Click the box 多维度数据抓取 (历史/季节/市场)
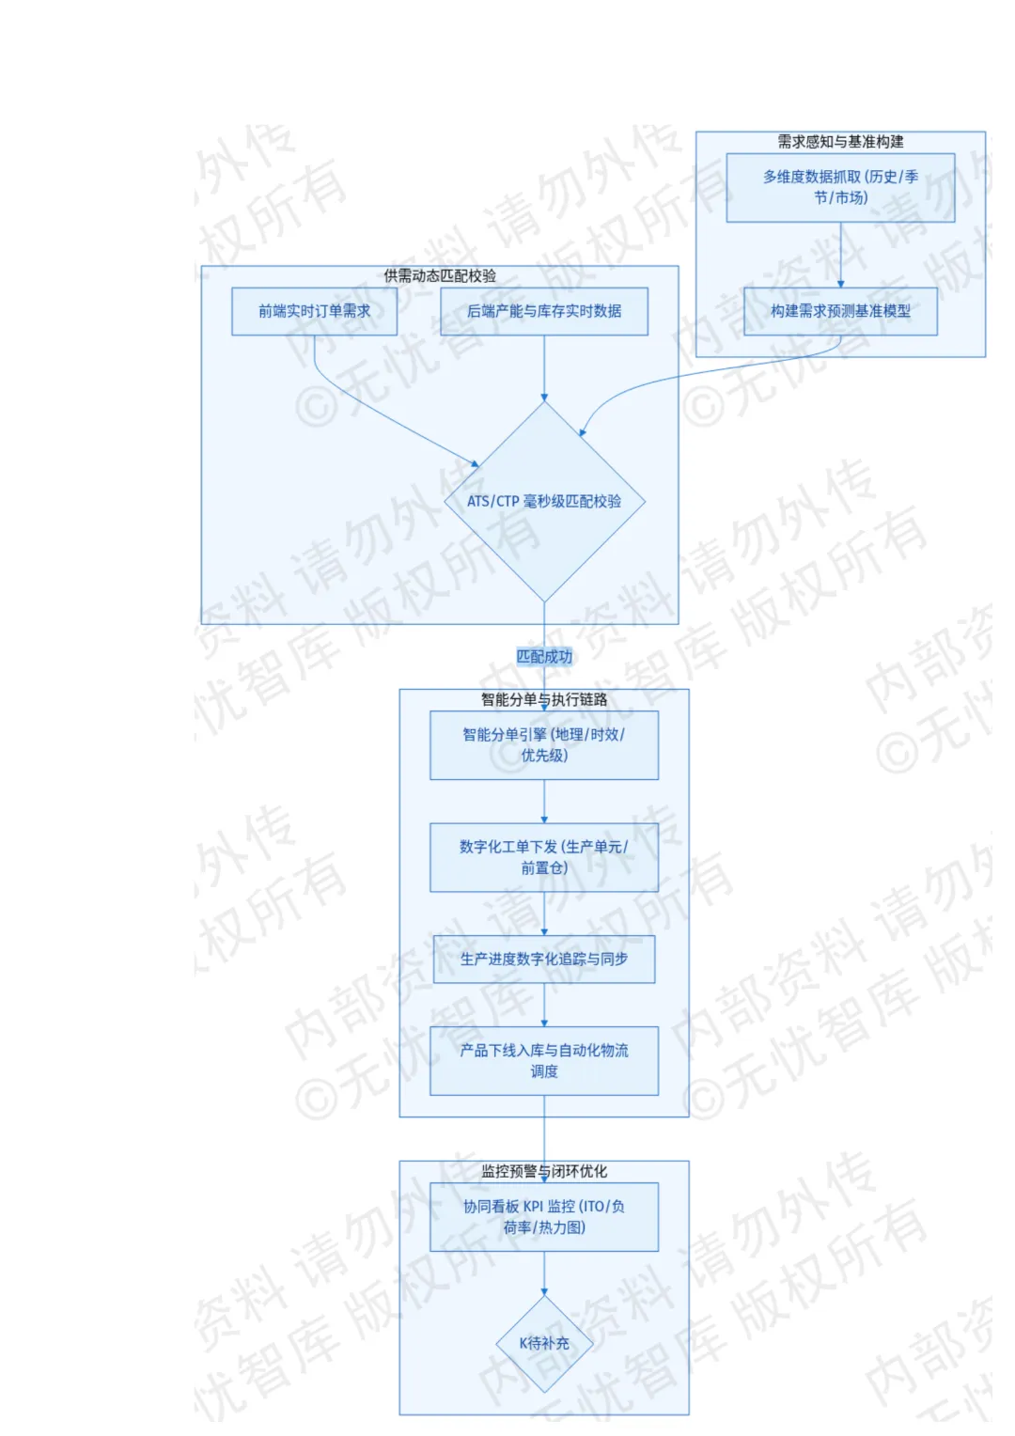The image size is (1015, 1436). coord(840,187)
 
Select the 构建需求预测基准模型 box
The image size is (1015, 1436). coord(840,311)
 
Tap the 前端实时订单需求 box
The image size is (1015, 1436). coord(314,311)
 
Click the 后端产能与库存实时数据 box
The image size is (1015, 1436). coord(544,311)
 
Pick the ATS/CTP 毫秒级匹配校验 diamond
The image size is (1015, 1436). coord(544,501)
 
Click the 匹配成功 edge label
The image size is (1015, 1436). coord(544,657)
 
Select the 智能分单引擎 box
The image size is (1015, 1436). coord(544,745)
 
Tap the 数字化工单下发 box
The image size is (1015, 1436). coord(544,857)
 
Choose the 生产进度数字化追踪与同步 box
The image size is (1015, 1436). coord(544,959)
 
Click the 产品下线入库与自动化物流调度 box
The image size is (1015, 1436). coord(544,1061)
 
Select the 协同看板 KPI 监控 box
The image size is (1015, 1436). coord(544,1217)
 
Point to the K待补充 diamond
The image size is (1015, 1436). coord(544,1343)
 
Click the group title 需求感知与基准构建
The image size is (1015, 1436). coord(840,142)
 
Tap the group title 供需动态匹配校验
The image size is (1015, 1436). coord(440,276)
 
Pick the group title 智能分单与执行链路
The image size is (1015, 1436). coord(544,699)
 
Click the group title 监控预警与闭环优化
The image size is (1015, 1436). coord(544,1171)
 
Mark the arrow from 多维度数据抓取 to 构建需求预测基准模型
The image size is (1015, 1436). coord(840,255)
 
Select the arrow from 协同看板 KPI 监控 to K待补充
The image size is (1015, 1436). coord(544,1273)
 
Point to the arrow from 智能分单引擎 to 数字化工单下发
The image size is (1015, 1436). coord(544,802)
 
